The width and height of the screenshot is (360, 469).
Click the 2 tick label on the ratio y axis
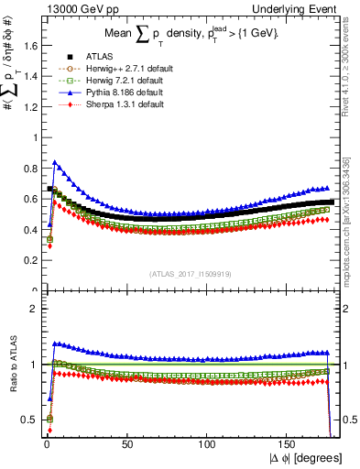point(33,308)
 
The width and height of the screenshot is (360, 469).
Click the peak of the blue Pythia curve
point(55,162)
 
